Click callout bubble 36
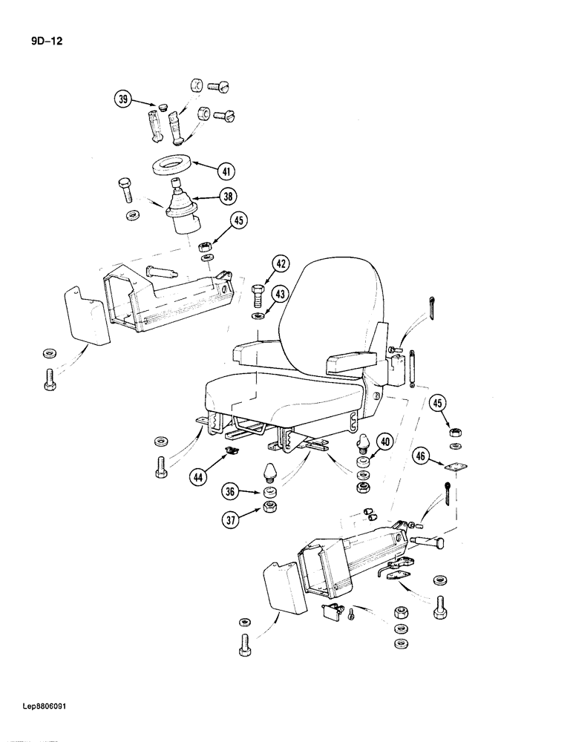tap(231, 491)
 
